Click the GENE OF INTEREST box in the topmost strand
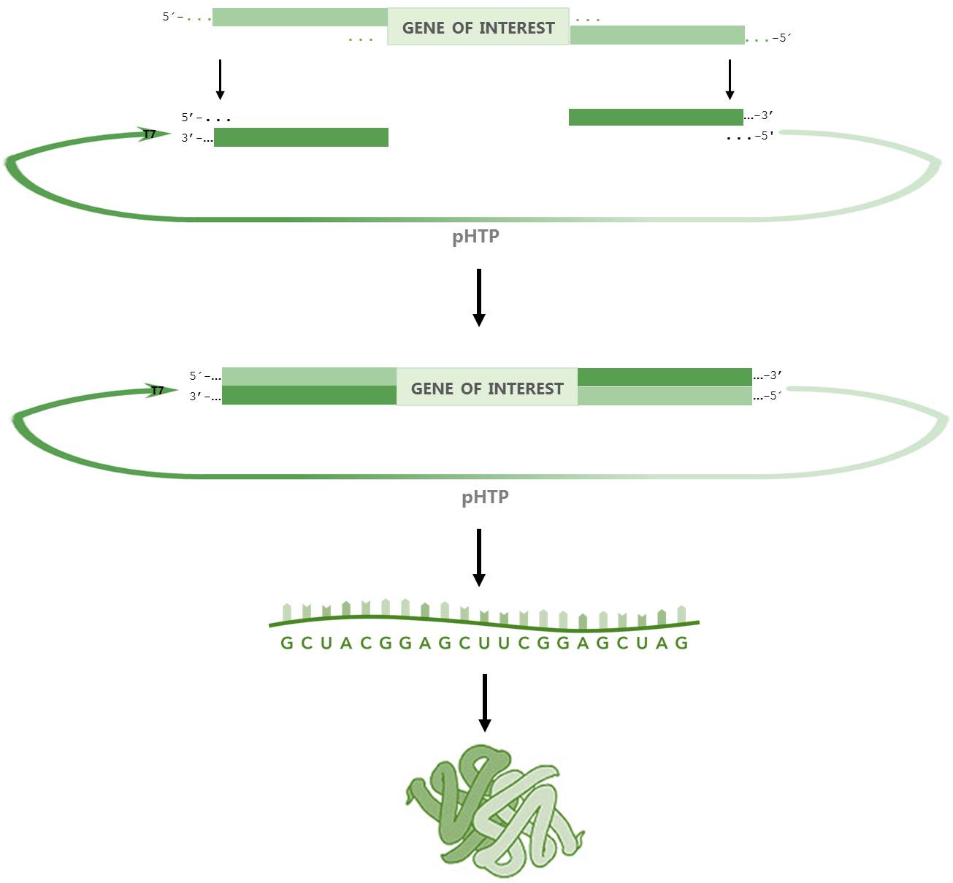tap(478, 27)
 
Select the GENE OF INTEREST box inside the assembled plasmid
tap(487, 387)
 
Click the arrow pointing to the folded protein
tap(484, 703)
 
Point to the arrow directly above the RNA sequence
tap(479, 557)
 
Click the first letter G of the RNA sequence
tap(287, 643)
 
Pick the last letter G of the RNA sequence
tap(681, 643)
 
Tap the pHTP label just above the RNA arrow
tap(485, 497)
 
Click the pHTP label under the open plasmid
tap(475, 237)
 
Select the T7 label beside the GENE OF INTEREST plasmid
tap(157, 391)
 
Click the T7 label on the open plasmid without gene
tap(149, 134)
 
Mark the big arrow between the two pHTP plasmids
tap(479, 297)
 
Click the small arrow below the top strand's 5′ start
tap(220, 79)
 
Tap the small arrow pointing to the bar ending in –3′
tap(729, 79)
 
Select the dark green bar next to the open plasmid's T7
tap(301, 137)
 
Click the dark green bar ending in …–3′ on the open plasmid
tap(656, 117)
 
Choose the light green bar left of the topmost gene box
tap(299, 18)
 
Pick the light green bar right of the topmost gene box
tap(657, 35)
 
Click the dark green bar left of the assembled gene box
tap(309, 395)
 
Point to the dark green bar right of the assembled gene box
tap(665, 377)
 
